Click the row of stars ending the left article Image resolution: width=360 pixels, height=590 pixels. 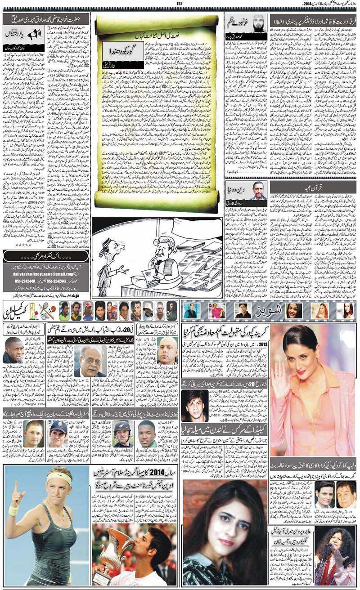pyautogui.click(x=24, y=245)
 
